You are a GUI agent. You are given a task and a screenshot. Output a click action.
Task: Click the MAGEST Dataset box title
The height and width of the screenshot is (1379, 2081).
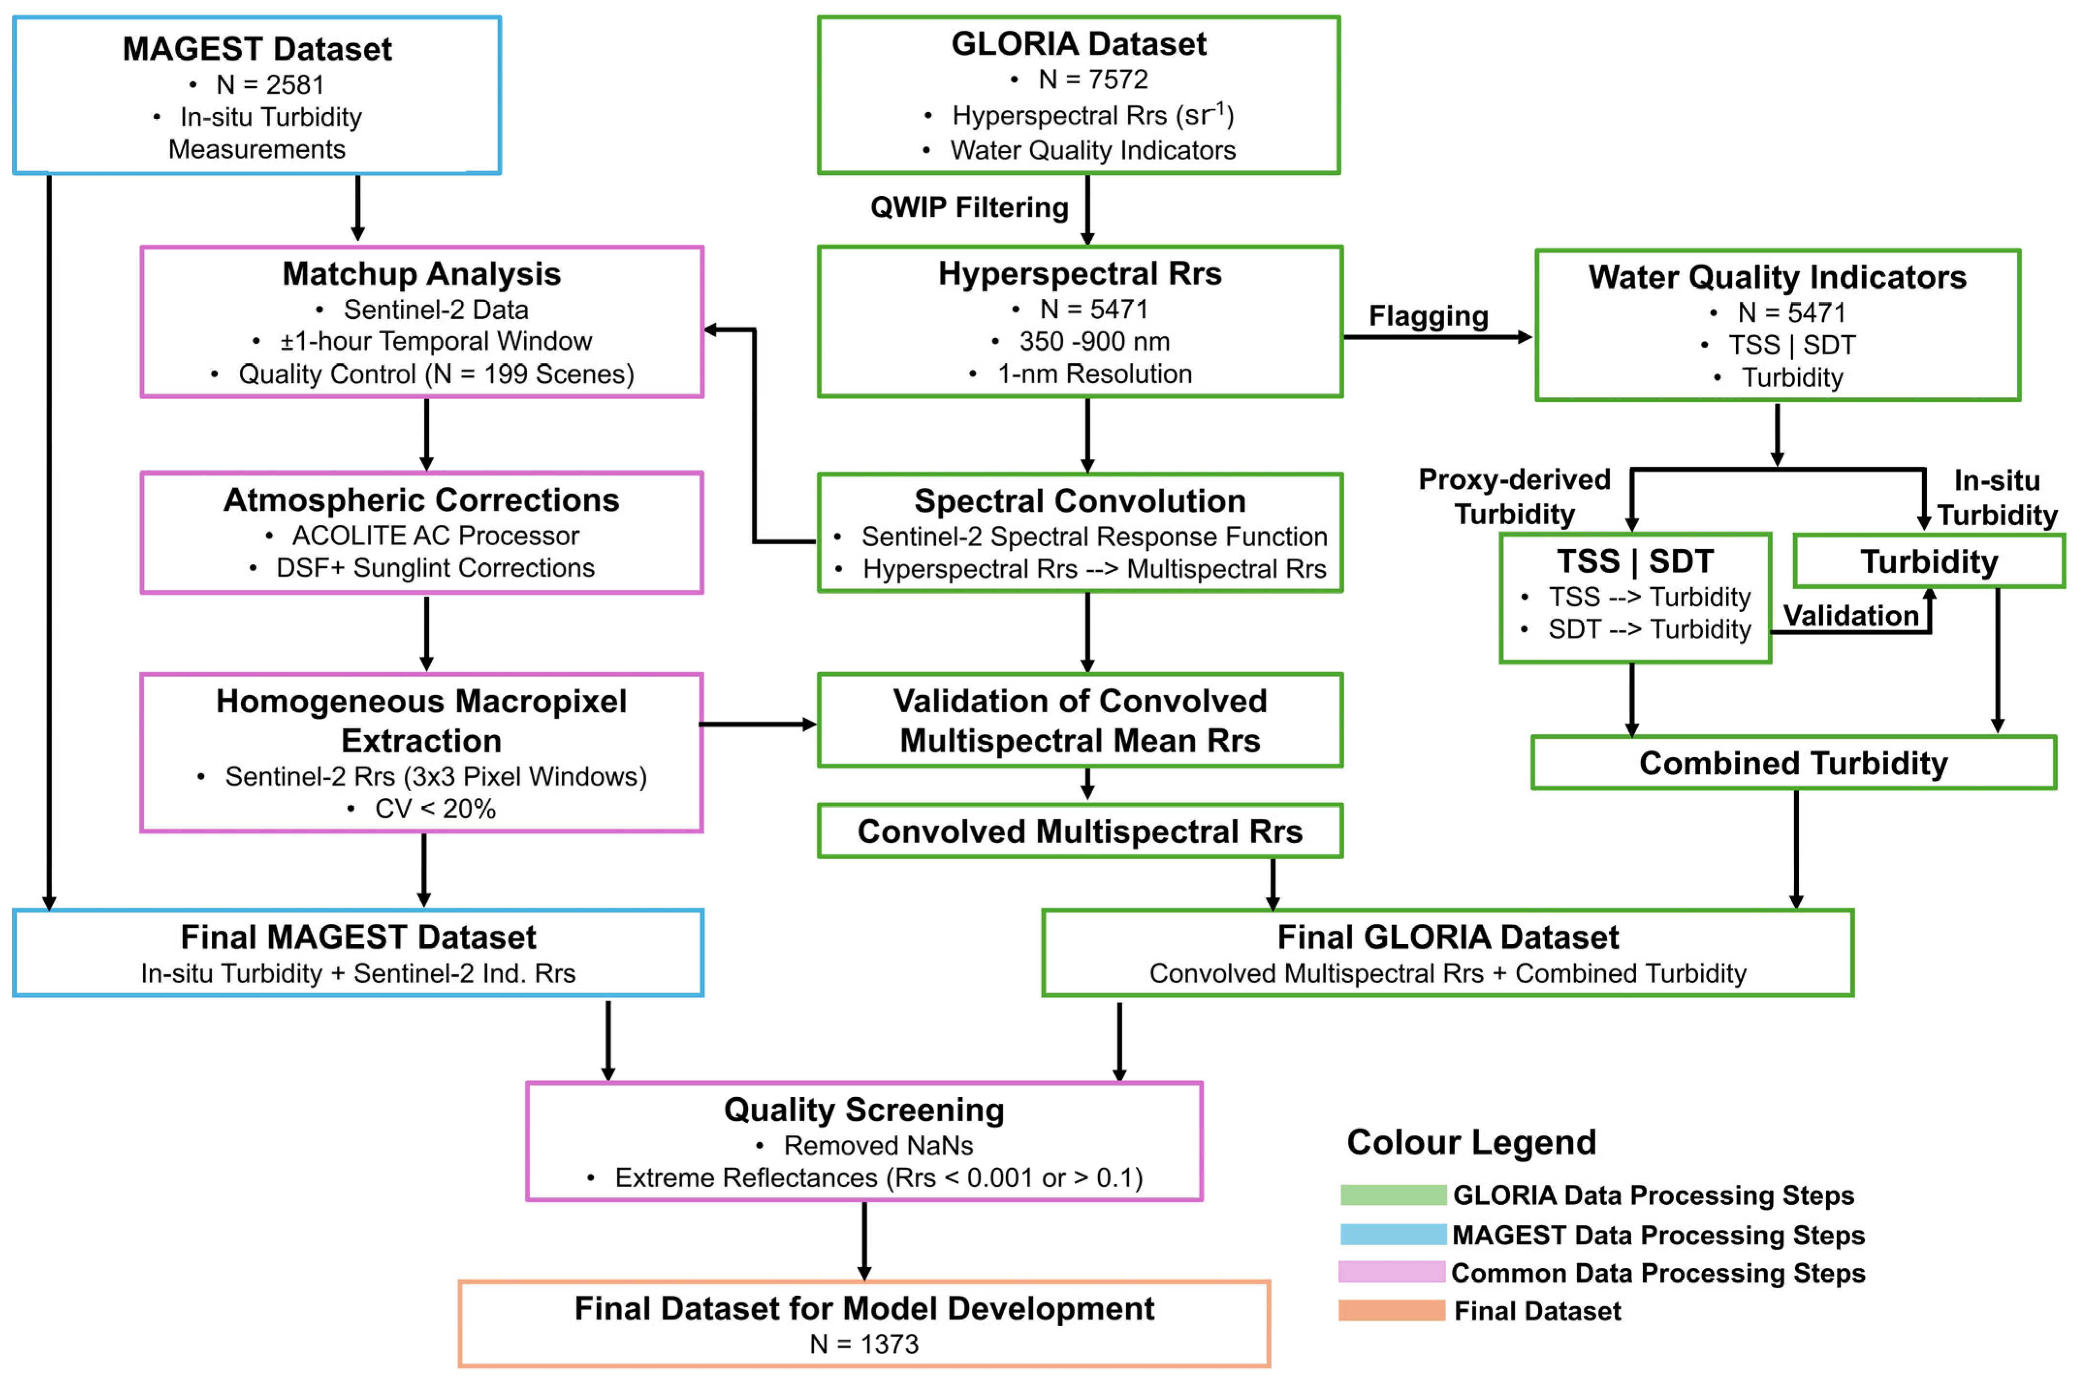257,49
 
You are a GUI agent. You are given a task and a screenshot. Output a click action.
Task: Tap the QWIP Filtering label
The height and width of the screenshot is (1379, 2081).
969,207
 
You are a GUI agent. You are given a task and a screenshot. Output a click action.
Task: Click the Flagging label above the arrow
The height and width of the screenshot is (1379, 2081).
1428,316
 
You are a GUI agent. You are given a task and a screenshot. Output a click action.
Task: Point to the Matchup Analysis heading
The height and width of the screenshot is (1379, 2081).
421,274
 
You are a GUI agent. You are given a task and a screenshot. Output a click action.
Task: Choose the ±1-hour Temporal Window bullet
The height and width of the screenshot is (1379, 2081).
435,341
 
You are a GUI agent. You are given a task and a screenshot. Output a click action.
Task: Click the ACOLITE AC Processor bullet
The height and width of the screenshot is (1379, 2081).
435,535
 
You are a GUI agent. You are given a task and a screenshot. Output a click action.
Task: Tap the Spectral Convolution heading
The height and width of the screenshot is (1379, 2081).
1080,501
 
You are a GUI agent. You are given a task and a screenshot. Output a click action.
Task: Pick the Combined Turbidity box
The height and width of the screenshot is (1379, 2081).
1794,763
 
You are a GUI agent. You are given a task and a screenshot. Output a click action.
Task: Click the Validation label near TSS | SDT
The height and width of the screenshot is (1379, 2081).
1851,616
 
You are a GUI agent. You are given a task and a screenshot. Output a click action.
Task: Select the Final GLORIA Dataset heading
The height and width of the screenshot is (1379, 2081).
1448,938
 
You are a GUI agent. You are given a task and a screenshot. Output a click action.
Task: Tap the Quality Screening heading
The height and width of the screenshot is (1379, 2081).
864,1110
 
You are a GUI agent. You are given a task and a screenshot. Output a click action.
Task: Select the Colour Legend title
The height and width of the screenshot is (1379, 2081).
1471,1143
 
